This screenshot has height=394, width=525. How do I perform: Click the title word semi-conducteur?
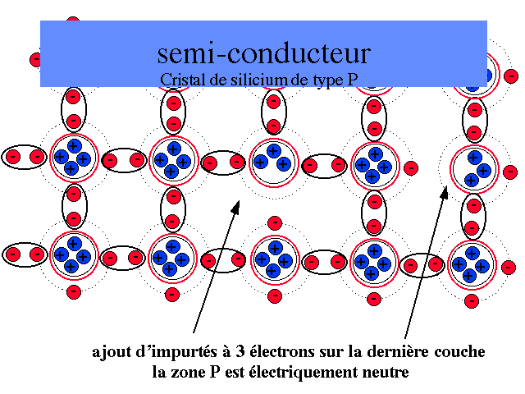click(263, 53)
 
